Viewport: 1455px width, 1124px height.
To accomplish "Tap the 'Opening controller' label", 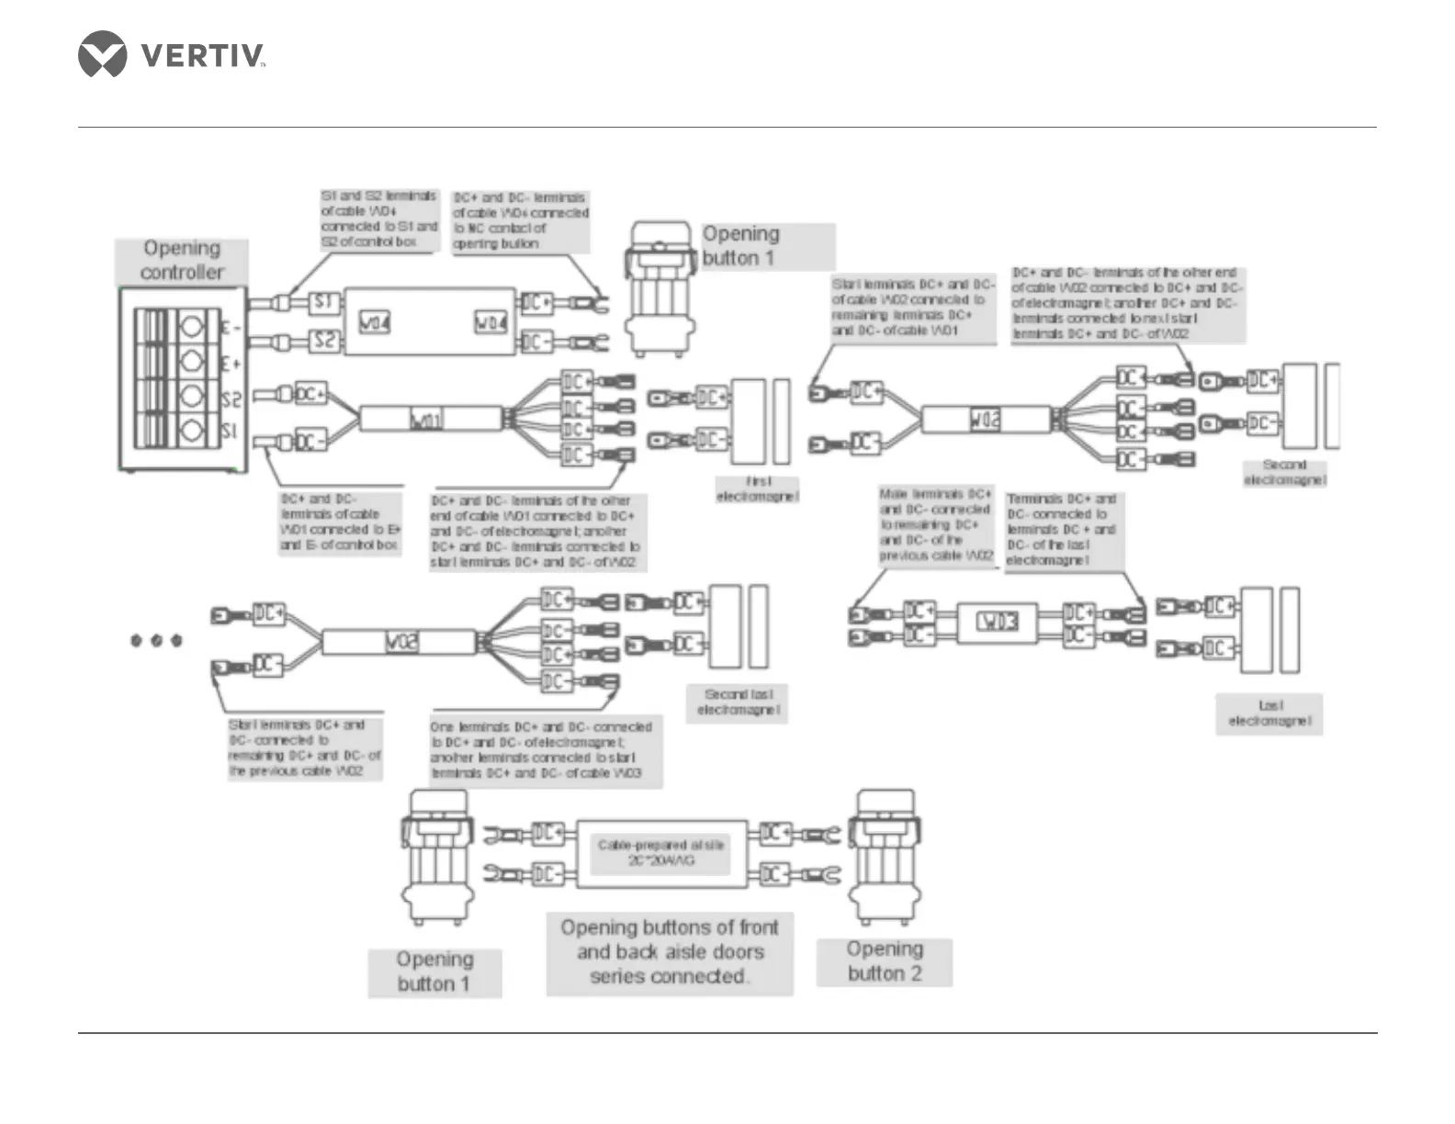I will tap(182, 261).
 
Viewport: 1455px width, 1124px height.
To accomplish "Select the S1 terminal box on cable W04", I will tap(323, 302).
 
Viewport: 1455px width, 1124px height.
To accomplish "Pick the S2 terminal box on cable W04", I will tap(323, 342).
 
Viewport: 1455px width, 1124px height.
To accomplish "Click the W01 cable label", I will tap(426, 421).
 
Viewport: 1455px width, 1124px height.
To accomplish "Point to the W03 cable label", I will tap(997, 622).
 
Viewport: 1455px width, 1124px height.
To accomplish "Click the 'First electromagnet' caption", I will tap(758, 489).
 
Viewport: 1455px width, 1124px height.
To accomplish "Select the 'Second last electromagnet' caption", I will tap(739, 702).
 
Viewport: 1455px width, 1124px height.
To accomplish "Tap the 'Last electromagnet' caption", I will tap(1270, 714).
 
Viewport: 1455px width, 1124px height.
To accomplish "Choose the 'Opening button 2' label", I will tap(885, 961).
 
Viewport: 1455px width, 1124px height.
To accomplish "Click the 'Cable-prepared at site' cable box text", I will tap(661, 852).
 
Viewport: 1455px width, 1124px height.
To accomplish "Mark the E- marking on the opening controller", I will tap(231, 328).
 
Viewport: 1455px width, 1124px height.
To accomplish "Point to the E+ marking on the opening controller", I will tap(231, 365).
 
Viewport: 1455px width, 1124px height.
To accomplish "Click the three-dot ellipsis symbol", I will tap(156, 640).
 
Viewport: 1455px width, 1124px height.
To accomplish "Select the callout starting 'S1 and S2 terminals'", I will tap(379, 219).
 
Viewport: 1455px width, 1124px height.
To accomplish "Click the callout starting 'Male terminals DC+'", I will tap(936, 524).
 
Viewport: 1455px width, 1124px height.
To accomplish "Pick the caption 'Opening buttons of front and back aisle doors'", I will tap(670, 952).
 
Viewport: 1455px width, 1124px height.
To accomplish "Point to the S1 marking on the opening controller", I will tap(230, 432).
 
